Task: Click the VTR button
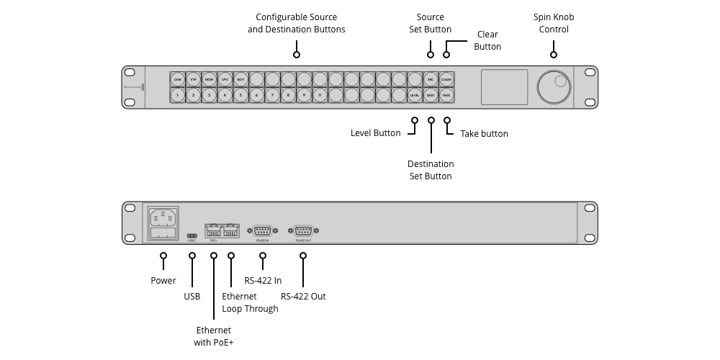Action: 193,79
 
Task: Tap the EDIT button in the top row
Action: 240,79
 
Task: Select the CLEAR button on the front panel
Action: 446,79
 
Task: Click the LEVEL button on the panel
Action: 415,95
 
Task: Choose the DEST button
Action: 431,95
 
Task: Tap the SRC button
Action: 431,79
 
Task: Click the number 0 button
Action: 320,95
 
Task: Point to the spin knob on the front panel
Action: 554,87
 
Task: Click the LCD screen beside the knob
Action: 504,87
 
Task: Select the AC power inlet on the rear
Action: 163,218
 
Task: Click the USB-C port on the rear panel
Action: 192,235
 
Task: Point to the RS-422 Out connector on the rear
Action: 303,231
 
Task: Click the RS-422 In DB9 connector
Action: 263,231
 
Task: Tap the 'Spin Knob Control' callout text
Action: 554,23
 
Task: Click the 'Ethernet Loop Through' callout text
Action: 250,302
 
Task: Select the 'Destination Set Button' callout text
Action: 430,170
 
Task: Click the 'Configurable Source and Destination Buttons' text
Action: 296,23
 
